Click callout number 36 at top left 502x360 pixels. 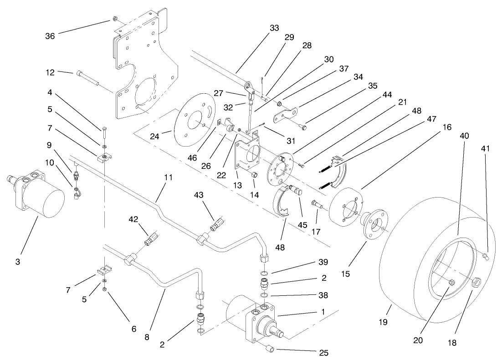tap(51, 36)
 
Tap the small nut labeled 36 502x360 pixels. tap(114, 20)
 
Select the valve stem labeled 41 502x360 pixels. tap(486, 258)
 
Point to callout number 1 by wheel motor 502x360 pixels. tap(323, 313)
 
